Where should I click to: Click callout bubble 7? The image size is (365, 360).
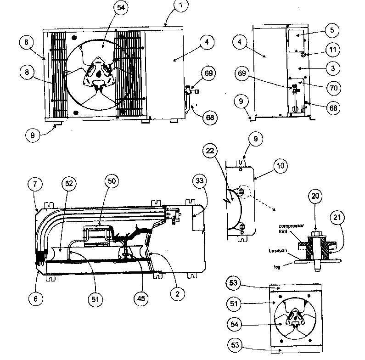[x=38, y=185]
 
